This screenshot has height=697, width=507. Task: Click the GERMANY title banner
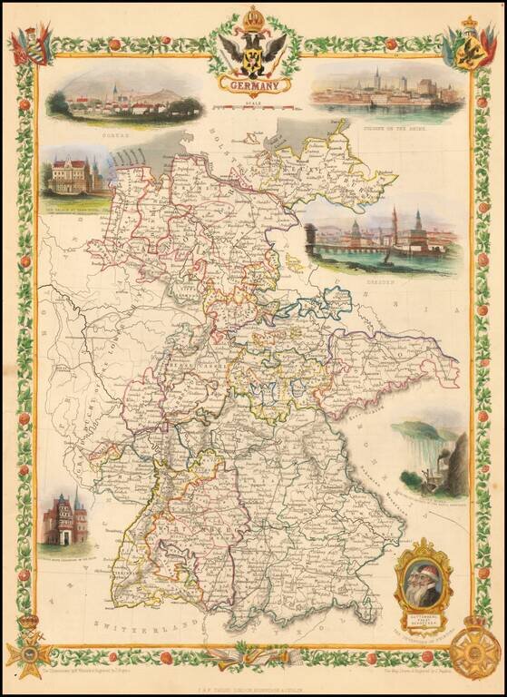(253, 85)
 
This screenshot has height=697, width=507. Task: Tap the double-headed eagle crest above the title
(253, 51)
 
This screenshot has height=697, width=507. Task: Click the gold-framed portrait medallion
(423, 578)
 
